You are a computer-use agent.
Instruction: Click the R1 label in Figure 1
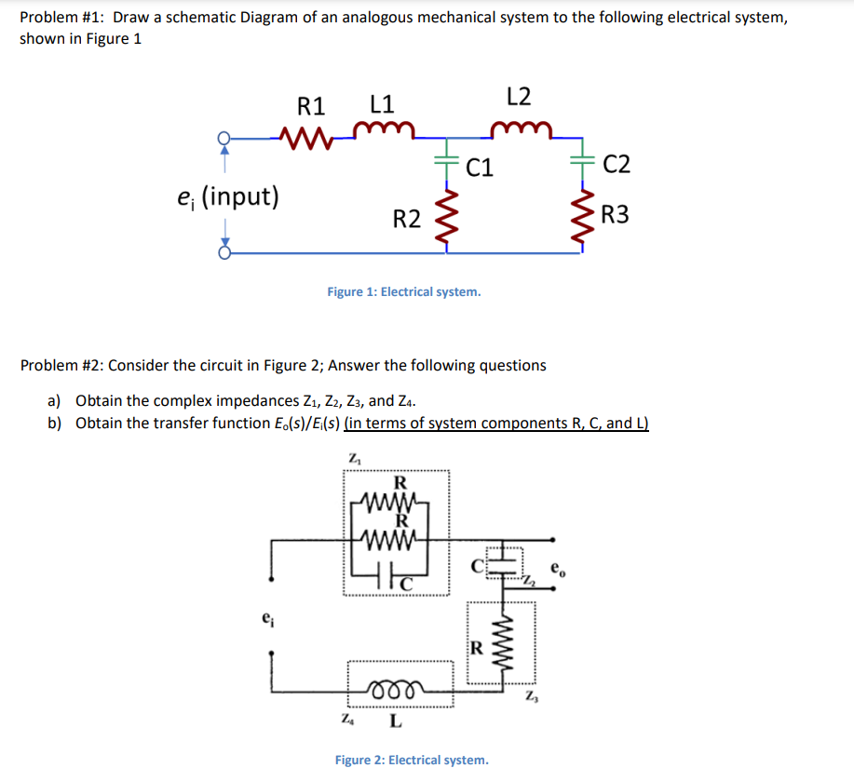click(310, 103)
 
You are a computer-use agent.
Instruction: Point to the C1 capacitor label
click(480, 168)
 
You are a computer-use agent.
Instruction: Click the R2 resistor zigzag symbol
click(445, 220)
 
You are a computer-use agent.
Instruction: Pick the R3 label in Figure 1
click(615, 216)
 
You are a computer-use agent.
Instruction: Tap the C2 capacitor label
click(616, 166)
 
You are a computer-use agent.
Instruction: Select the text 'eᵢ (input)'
click(227, 197)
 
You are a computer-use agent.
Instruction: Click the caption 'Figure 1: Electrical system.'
click(404, 292)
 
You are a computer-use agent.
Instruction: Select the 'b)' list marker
click(55, 424)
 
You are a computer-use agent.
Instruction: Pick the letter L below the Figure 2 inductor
click(395, 720)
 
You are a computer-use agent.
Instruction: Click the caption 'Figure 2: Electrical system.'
click(411, 760)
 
